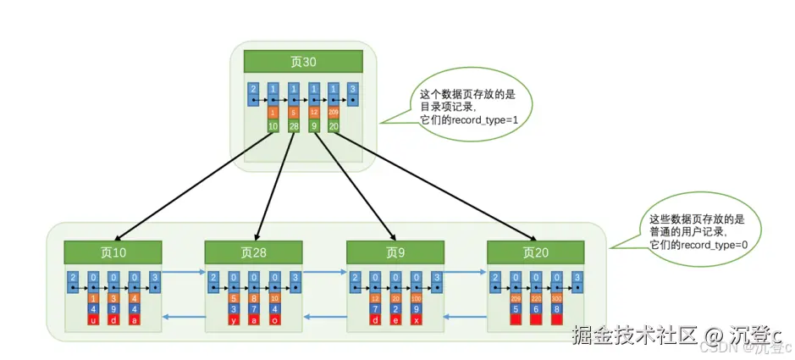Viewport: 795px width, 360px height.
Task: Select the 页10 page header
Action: click(113, 252)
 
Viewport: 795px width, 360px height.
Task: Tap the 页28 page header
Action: click(254, 252)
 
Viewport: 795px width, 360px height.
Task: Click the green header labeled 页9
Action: click(395, 252)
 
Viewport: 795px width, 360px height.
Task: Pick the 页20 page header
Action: click(536, 252)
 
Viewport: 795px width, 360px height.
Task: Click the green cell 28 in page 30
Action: click(294, 126)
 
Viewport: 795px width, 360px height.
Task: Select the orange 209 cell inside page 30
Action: click(334, 113)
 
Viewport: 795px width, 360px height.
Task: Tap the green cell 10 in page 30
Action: click(273, 126)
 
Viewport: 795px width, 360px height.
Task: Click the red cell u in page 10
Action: click(93, 320)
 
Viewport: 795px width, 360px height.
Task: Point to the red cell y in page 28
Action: click(234, 320)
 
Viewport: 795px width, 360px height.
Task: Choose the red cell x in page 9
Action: click(416, 320)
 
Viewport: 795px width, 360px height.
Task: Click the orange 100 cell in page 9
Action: click(416, 298)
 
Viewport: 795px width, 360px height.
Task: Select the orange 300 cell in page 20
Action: click(556, 298)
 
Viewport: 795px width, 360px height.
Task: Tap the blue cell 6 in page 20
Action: click(535, 309)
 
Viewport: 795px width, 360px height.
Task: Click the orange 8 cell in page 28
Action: click(254, 298)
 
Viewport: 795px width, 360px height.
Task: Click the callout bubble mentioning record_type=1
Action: click(464, 108)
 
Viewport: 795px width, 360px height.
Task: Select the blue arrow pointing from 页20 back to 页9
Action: click(464, 317)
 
